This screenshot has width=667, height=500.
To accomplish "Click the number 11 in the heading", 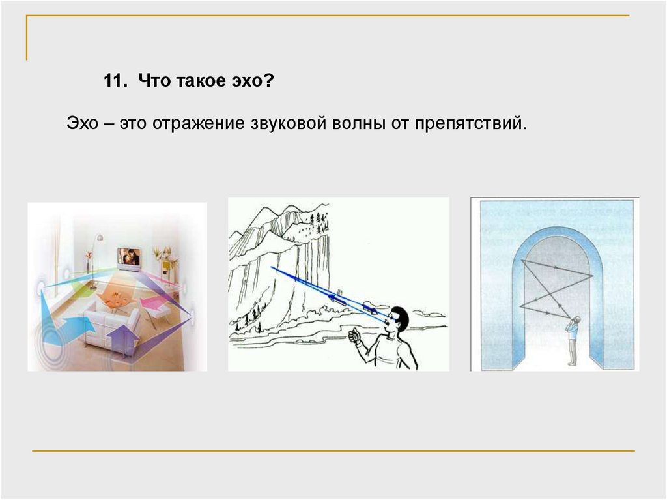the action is coord(115,80).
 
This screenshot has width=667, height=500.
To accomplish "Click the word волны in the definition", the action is coord(358,123).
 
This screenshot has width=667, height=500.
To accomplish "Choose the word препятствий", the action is coord(470,123).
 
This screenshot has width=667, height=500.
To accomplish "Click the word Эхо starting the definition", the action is coord(82,123).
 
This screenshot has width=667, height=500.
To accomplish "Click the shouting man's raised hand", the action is coord(354,336).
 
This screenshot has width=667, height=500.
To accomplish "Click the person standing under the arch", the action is coord(573,341).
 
